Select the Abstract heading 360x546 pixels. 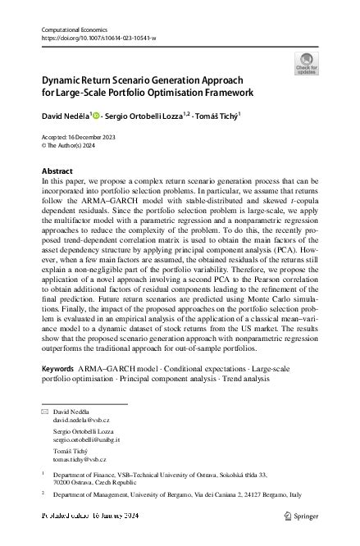coord(57,171)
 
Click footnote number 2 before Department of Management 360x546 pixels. coord(42,494)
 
